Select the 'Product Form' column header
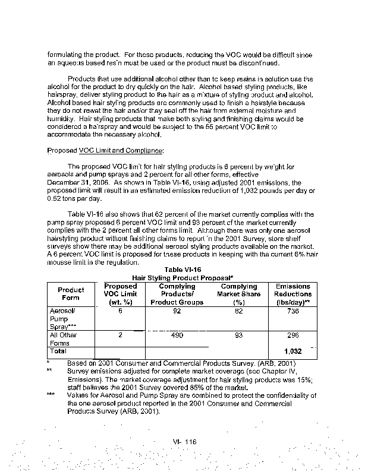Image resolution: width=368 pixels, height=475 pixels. tap(71, 294)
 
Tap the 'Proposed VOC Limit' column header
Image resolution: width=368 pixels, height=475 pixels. tap(120, 294)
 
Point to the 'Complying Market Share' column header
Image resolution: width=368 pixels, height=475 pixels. tap(239, 294)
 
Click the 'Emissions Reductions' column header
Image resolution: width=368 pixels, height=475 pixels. tap(293, 294)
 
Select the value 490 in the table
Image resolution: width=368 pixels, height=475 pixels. tap(177, 335)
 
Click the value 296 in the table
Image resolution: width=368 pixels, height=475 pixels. tap(292, 335)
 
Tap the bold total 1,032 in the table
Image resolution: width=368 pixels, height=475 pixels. tap(294, 351)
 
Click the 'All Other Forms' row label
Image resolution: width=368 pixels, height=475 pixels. tap(64, 339)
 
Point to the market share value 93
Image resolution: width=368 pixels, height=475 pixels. tap(239, 335)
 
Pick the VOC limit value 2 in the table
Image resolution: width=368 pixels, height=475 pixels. tap(119, 335)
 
